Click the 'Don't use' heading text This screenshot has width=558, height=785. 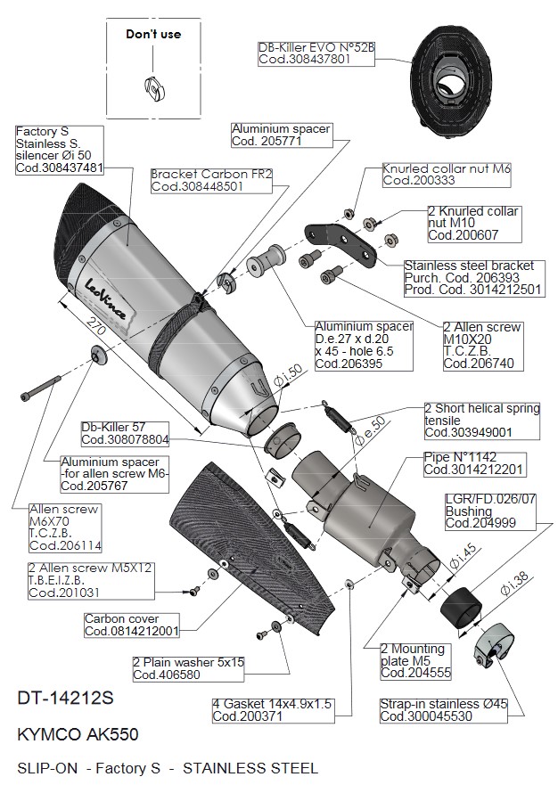(152, 34)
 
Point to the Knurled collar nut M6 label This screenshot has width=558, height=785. (446, 174)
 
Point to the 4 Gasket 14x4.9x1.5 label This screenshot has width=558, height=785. (272, 709)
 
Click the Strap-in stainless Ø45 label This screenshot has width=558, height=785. (443, 710)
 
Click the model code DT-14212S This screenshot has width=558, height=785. (64, 699)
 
